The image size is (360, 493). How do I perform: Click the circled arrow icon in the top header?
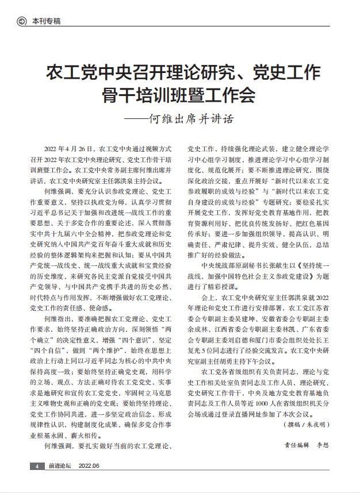tap(22, 21)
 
